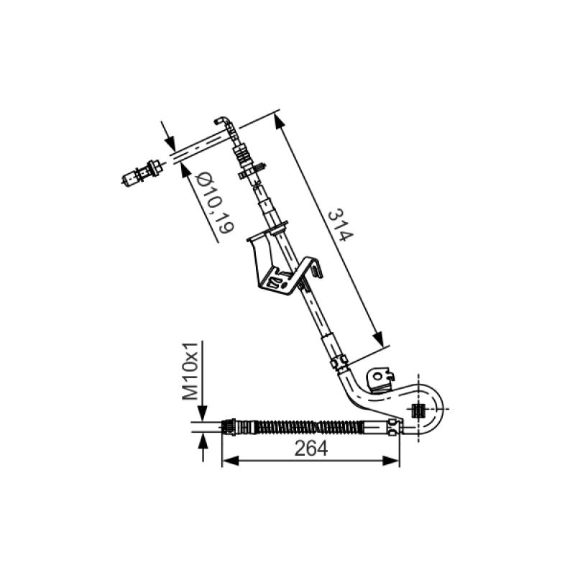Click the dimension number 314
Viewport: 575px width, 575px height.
pos(336,226)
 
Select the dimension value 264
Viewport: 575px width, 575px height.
pos(311,448)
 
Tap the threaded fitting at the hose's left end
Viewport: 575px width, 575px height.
pos(237,425)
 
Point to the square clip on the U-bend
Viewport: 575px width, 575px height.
pos(415,411)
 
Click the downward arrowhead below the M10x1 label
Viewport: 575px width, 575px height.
pos(204,413)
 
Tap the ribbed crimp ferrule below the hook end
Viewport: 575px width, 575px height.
pos(243,155)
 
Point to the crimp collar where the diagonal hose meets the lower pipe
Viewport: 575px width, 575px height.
pos(339,357)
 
